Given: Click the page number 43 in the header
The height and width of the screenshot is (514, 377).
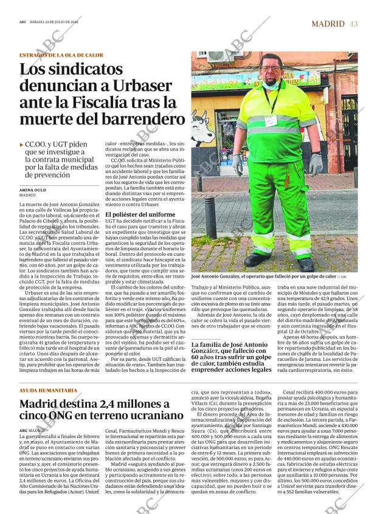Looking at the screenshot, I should pyautogui.click(x=354, y=24).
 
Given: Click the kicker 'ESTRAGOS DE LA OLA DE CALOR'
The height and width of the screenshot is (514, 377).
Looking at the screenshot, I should pyautogui.click(x=61, y=55).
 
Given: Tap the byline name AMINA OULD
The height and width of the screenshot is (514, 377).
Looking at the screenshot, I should pyautogui.click(x=34, y=190).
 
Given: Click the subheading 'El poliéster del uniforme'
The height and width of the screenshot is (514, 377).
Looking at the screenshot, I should pyautogui.click(x=140, y=214).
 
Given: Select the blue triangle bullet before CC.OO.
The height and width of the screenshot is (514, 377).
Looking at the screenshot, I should pyautogui.click(x=22, y=146).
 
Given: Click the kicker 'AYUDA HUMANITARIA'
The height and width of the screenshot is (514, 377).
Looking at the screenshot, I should pyautogui.click(x=48, y=389).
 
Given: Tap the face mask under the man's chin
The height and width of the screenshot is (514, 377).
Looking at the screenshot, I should pyautogui.click(x=271, y=84).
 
